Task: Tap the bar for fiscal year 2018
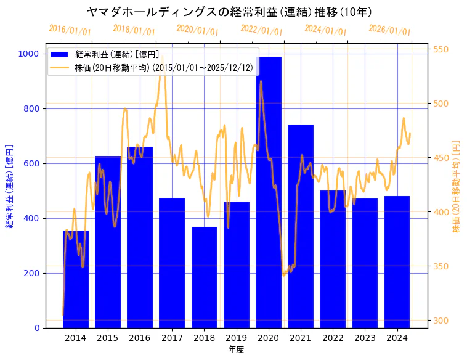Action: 204,277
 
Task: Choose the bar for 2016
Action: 140,237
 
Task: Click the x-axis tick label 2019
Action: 237,338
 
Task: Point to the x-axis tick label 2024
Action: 397,338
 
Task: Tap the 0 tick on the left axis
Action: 38,328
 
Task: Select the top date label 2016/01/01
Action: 70,30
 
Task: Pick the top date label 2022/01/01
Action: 261,30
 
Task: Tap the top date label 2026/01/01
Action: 389,30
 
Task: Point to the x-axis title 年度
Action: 236,350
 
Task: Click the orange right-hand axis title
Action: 457,186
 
